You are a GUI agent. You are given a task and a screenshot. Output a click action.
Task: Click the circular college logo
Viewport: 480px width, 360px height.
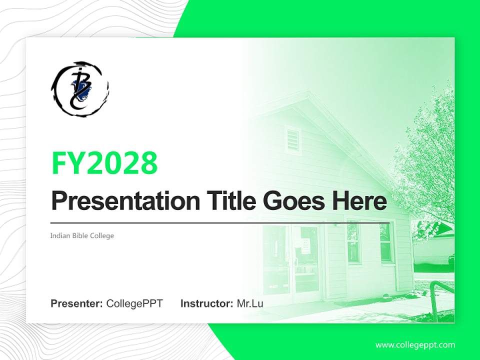79,88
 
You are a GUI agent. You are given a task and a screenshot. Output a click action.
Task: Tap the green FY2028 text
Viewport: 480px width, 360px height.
104,162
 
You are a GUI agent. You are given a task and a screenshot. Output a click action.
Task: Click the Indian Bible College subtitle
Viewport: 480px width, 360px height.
82,235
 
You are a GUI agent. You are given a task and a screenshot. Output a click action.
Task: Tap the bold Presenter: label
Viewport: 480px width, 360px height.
77,303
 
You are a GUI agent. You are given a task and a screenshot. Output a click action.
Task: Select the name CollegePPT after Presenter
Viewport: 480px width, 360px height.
134,303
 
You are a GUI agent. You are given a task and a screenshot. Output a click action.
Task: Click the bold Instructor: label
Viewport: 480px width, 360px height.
206,303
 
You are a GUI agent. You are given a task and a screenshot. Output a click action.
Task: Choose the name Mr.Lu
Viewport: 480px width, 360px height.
250,303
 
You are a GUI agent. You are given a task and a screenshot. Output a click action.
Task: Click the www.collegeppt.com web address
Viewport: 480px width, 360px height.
415,344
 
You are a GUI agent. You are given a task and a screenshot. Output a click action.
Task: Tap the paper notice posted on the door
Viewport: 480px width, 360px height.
306,244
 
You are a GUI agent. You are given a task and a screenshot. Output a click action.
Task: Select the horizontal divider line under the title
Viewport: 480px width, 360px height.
220,222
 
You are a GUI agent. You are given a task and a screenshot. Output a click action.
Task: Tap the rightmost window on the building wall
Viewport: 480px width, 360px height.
386,243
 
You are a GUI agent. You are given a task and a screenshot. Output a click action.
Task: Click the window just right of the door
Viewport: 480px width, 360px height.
353,243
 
